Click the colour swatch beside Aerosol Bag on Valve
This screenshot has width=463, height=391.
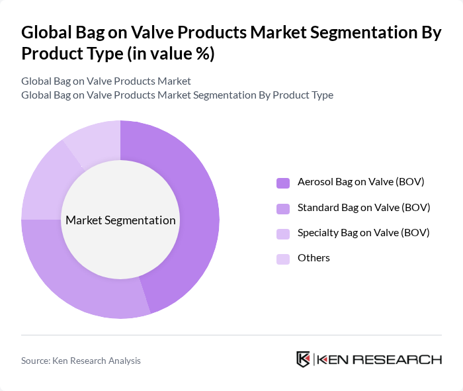pos(283,183)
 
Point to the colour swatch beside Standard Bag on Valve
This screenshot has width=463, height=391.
pos(283,208)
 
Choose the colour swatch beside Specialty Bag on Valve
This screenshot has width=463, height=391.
pos(283,233)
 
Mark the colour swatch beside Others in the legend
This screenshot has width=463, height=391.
pos(283,258)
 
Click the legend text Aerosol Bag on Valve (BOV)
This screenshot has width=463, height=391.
pos(360,182)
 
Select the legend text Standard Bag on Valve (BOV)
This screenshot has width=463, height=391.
pos(364,207)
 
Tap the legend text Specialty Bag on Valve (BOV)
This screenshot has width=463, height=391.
pos(363,232)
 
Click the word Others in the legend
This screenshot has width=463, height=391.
pos(314,257)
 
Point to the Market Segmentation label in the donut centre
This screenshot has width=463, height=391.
pos(120,220)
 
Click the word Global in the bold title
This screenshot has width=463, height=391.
pos(47,32)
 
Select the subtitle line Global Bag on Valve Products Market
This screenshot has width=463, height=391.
pos(106,81)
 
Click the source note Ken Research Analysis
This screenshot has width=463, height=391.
pos(81,361)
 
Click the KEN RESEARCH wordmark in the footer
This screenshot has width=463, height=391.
pos(379,359)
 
